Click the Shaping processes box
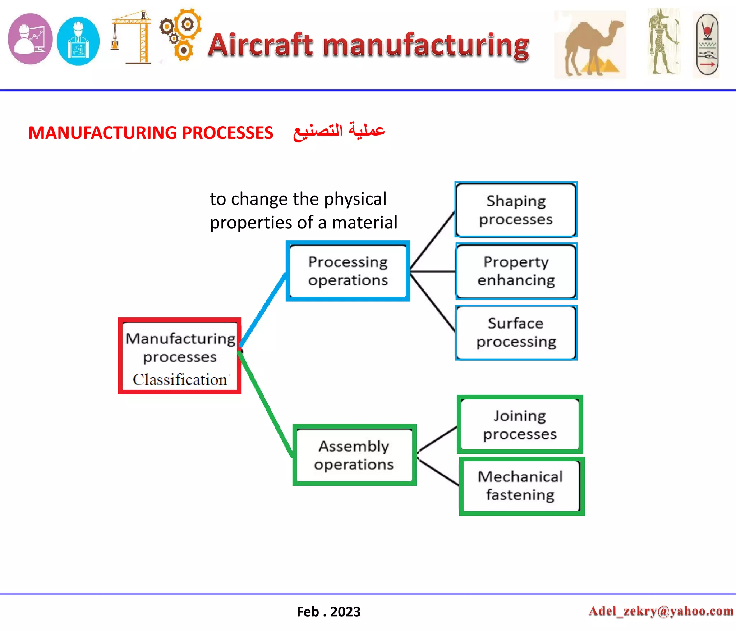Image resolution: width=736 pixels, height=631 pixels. (516, 210)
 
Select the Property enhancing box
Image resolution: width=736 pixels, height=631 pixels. (516, 271)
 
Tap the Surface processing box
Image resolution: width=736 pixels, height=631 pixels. (516, 333)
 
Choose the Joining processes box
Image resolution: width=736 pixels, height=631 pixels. (520, 425)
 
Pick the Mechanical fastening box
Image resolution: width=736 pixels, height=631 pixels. (521, 486)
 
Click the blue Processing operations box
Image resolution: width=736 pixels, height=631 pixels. (348, 271)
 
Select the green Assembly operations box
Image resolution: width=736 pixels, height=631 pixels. (354, 455)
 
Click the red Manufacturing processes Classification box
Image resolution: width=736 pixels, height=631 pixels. (180, 356)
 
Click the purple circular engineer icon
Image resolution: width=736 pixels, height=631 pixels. (30, 39)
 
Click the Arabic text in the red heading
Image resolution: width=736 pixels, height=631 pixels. (339, 131)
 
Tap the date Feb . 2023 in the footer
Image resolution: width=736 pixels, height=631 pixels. (328, 612)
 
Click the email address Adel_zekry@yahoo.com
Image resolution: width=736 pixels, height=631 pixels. (661, 611)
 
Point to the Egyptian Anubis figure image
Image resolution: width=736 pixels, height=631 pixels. (664, 41)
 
